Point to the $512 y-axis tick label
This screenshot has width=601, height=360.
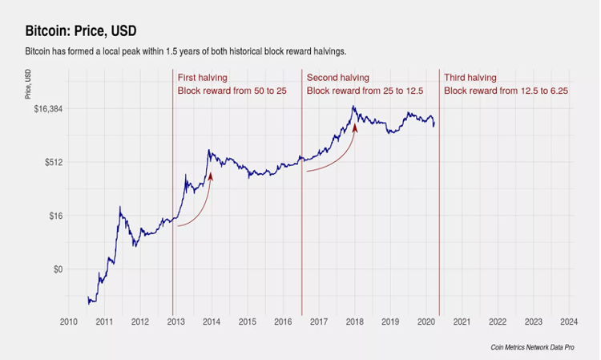tap(49, 162)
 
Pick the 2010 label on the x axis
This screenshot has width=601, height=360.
tap(68, 322)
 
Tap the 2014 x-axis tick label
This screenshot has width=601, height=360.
tap(212, 322)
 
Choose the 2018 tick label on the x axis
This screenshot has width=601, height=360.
tap(354, 322)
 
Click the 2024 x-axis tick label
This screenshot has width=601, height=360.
tap(569, 322)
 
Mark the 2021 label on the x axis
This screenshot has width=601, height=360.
tap(462, 322)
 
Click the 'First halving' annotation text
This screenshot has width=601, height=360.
tap(203, 78)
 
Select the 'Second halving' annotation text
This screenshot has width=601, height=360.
tap(338, 78)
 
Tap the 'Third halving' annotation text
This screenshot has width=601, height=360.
tap(470, 78)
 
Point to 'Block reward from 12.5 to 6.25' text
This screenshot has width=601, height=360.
tap(506, 91)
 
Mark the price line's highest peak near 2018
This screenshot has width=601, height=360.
tap(353, 107)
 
